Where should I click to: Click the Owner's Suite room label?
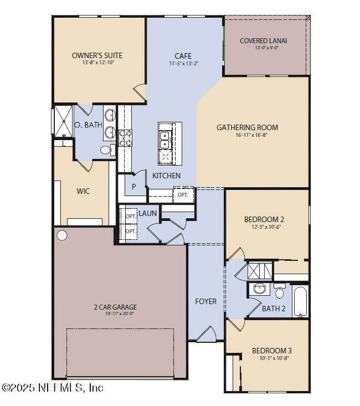tap(97, 55)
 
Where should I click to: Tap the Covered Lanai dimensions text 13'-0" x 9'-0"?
tap(266, 48)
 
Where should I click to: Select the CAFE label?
tap(183, 56)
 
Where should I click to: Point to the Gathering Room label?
tap(248, 127)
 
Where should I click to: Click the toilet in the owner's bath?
tap(107, 150)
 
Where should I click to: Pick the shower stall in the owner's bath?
tap(64, 121)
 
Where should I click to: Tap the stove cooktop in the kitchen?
tap(125, 138)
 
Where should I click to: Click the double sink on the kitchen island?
tap(164, 140)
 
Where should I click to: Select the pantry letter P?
tap(134, 187)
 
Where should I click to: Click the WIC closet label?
tap(83, 191)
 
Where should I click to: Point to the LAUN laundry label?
tap(148, 213)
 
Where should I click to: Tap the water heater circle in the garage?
tap(62, 235)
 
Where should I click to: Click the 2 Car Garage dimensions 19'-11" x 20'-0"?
tap(120, 314)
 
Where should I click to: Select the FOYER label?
tap(206, 301)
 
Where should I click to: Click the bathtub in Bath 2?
tap(300, 301)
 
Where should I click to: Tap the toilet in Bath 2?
tap(280, 291)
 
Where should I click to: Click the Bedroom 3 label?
tap(272, 351)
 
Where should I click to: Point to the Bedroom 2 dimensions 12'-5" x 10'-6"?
tap(266, 227)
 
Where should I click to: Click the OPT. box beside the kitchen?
tap(183, 195)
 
